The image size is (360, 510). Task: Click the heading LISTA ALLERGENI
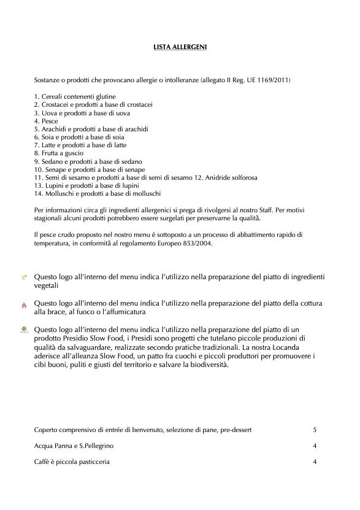click(x=180, y=45)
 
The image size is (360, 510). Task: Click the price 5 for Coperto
click(x=315, y=430)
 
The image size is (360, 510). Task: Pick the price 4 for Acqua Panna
click(x=315, y=446)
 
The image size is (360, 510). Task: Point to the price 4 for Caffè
click(x=315, y=462)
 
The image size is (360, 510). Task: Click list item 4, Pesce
click(x=46, y=121)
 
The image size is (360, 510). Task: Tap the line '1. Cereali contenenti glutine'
click(x=75, y=97)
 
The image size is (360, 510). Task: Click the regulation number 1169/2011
click(x=275, y=80)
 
